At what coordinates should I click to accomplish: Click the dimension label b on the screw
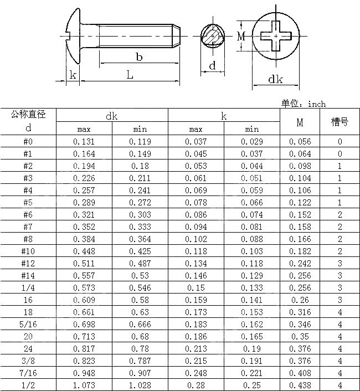pyautogui.click(x=139, y=56)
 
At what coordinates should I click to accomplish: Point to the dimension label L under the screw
pyautogui.click(x=130, y=75)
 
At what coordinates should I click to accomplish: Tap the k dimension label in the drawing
pyautogui.click(x=73, y=75)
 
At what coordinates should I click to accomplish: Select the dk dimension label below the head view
pyautogui.click(x=275, y=79)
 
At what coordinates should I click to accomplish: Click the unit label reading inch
pyautogui.click(x=317, y=104)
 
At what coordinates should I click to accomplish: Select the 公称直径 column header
pyautogui.click(x=28, y=115)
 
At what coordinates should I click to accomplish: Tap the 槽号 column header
pyautogui.click(x=340, y=121)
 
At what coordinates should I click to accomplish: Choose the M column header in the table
pyautogui.click(x=300, y=122)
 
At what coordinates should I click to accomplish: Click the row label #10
pyautogui.click(x=28, y=251)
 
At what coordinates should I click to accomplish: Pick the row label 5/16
pyautogui.click(x=28, y=325)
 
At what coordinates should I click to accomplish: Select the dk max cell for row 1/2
pyautogui.click(x=84, y=385)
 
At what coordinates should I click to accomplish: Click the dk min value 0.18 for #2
pyautogui.click(x=140, y=166)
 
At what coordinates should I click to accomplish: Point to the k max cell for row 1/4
pyautogui.click(x=196, y=288)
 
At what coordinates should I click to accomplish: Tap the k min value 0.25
pyautogui.click(x=252, y=385)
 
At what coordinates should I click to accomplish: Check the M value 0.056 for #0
pyautogui.click(x=300, y=142)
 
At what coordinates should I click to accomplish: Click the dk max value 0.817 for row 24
pyautogui.click(x=84, y=349)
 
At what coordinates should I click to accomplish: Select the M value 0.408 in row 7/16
pyautogui.click(x=300, y=373)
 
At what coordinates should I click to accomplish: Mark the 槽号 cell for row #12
pyautogui.click(x=340, y=264)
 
